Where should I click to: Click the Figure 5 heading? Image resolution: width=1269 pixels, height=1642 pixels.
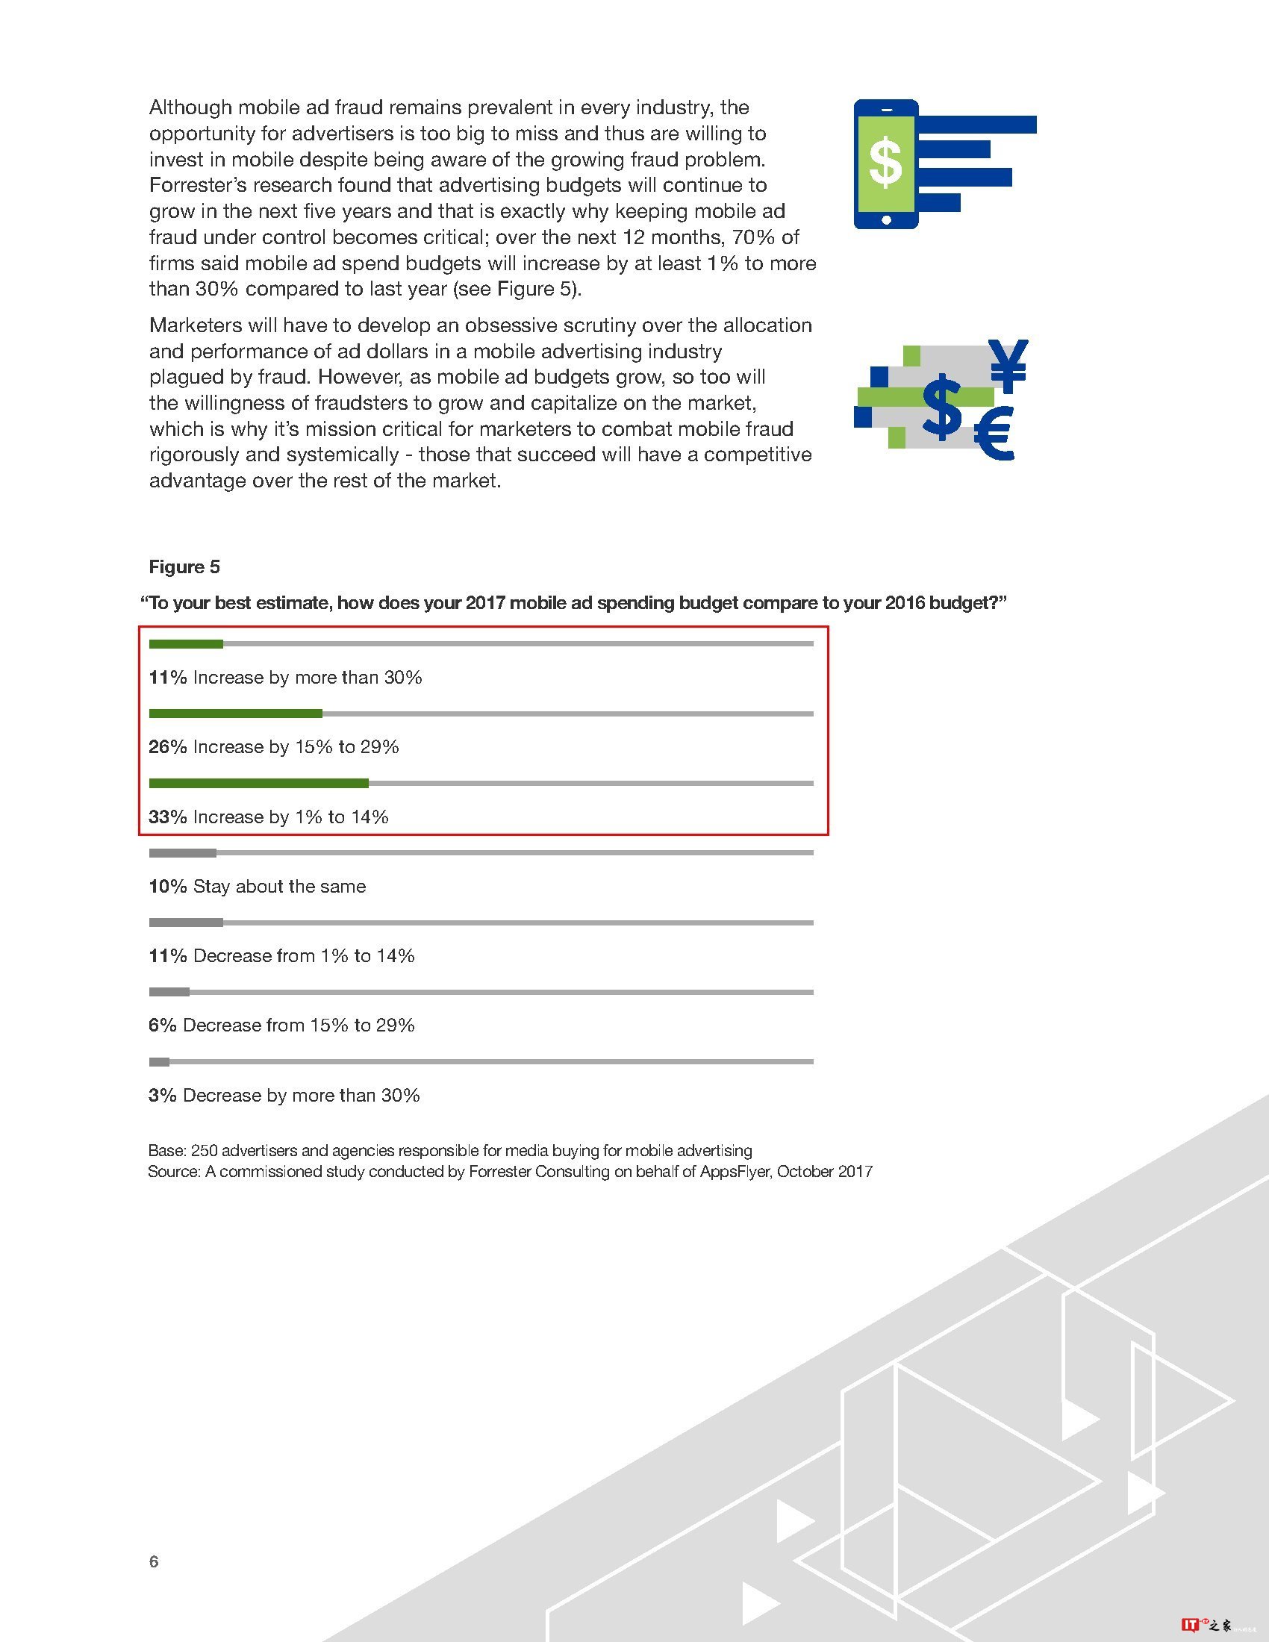tap(184, 567)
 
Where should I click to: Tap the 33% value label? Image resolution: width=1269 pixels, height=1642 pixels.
tap(168, 817)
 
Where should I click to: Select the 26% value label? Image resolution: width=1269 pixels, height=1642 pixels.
tap(168, 747)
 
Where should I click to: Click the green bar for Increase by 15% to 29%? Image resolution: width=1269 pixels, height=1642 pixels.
tap(235, 714)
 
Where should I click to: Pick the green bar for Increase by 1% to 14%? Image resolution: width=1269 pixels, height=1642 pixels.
tap(258, 784)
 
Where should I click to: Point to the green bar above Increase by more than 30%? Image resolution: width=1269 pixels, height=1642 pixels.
tap(186, 643)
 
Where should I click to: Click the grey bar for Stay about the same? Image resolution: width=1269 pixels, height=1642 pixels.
tap(183, 853)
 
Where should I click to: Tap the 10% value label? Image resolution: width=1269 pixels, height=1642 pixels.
tap(168, 887)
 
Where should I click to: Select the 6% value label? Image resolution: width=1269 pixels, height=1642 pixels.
tap(163, 1026)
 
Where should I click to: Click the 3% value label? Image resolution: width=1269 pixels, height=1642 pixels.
tap(163, 1096)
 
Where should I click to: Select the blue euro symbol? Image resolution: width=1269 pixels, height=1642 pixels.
tap(994, 434)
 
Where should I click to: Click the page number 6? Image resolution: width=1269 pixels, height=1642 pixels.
tap(154, 1561)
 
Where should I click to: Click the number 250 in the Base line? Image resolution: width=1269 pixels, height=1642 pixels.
tap(204, 1150)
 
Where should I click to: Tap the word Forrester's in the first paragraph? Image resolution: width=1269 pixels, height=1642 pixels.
tap(194, 186)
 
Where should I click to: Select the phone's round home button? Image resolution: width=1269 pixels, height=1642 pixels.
tap(886, 220)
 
